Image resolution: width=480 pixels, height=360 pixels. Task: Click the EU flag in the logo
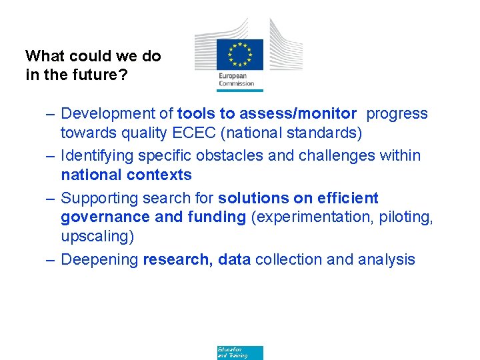pos(239,55)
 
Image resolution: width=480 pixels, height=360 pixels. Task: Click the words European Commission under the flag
pos(237,79)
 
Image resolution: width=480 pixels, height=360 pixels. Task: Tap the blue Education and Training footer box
pos(239,353)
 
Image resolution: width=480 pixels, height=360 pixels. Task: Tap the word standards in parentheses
pos(325,133)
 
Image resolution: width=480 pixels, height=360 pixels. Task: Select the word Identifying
pos(97,155)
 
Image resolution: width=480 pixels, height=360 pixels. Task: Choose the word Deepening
pos(99,259)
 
